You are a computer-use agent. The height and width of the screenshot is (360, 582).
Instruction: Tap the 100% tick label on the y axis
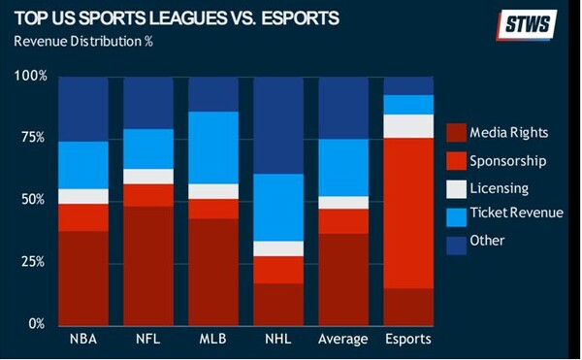29,76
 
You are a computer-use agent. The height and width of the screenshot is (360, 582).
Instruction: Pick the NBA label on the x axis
82,339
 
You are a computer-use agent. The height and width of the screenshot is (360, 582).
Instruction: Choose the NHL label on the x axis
276,339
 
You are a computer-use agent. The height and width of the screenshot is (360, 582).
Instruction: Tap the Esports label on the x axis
408,339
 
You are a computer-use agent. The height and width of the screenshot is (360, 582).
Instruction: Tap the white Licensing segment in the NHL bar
276,248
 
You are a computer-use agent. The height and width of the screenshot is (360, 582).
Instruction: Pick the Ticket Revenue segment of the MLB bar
212,147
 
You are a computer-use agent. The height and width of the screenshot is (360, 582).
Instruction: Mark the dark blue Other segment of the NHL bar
276,125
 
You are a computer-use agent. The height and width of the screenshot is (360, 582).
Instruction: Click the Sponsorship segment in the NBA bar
82,217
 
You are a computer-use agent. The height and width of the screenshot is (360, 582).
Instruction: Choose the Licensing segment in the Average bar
342,202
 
